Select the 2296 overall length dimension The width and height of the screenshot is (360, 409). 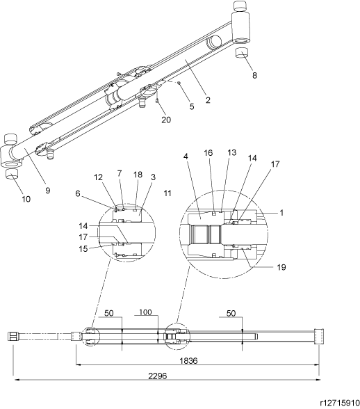click(158, 376)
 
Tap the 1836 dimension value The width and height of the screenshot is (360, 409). click(188, 361)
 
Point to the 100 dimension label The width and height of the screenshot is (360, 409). click(145, 312)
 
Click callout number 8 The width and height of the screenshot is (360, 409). click(254, 75)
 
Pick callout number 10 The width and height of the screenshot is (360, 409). click(26, 199)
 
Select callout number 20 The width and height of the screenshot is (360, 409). click(166, 120)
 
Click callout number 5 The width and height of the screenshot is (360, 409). click(192, 106)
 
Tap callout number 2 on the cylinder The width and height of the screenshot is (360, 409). click(208, 100)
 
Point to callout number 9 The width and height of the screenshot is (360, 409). click(47, 191)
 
